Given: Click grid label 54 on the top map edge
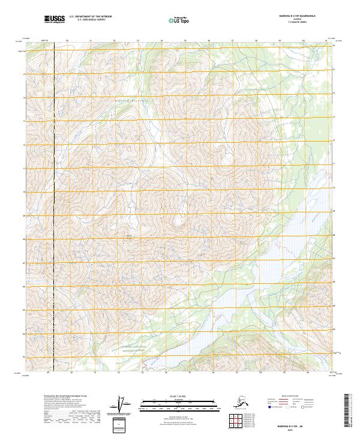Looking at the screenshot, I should click(x=161, y=41).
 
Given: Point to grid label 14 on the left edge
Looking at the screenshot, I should click(x=24, y=98).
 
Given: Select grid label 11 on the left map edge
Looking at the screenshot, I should click(x=24, y=169).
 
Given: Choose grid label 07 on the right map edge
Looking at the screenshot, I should click(x=334, y=262).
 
